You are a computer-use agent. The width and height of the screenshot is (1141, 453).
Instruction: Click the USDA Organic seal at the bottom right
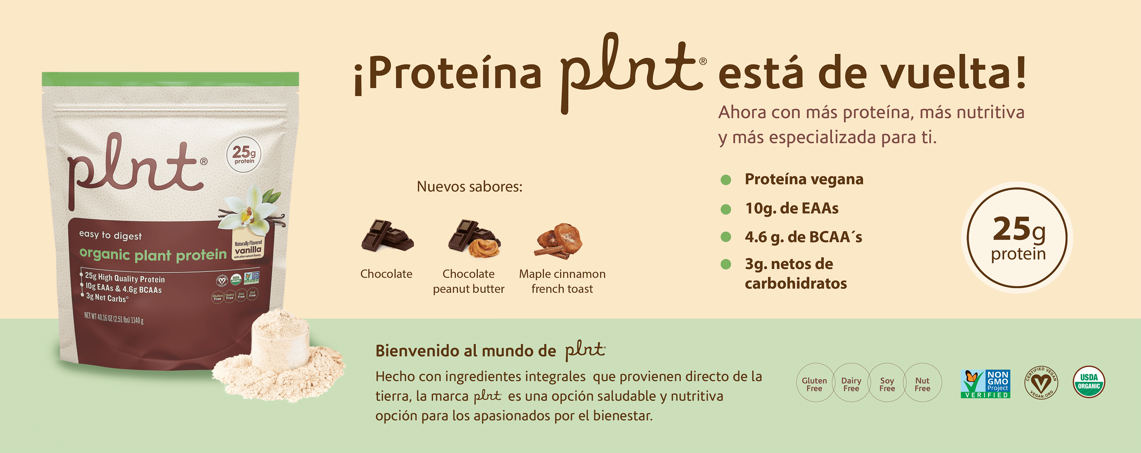tap(1089, 382)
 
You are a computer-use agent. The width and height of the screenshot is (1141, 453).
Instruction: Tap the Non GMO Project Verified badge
tap(985, 384)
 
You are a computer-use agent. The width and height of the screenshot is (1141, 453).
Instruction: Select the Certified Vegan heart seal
tap(1041, 383)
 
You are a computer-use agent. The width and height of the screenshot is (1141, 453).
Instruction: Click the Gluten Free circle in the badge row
tap(814, 384)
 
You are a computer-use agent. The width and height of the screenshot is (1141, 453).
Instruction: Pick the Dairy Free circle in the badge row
tap(851, 384)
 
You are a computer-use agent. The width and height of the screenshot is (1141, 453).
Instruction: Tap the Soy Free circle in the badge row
tap(887, 384)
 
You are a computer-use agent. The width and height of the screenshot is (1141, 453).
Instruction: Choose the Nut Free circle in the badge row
tap(922, 384)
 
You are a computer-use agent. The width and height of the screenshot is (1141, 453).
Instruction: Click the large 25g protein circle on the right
tap(1017, 238)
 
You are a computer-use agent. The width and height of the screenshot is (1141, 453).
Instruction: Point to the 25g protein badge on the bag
tap(244, 155)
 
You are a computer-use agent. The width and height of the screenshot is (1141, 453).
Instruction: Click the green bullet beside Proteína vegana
tap(725, 179)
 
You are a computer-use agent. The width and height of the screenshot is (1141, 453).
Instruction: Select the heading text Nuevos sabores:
tap(469, 187)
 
